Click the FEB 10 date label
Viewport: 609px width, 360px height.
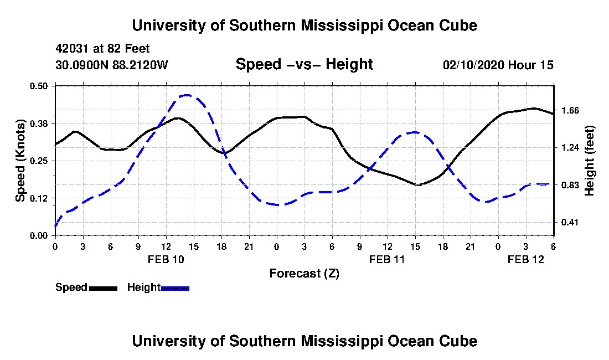[166, 259]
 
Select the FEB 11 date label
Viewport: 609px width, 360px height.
[388, 259]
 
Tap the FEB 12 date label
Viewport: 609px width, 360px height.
[526, 259]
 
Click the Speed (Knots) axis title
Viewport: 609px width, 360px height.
[20, 161]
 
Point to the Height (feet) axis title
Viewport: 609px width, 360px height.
[590, 161]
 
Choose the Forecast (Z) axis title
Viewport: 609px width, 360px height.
[304, 273]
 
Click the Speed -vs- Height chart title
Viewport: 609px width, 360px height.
[304, 64]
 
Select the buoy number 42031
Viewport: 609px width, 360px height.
[70, 49]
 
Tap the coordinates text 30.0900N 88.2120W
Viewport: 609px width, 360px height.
[111, 65]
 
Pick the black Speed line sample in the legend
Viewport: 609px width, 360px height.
[103, 288]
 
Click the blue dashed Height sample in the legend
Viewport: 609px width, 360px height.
[176, 288]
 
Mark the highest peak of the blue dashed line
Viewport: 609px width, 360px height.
[187, 95]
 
